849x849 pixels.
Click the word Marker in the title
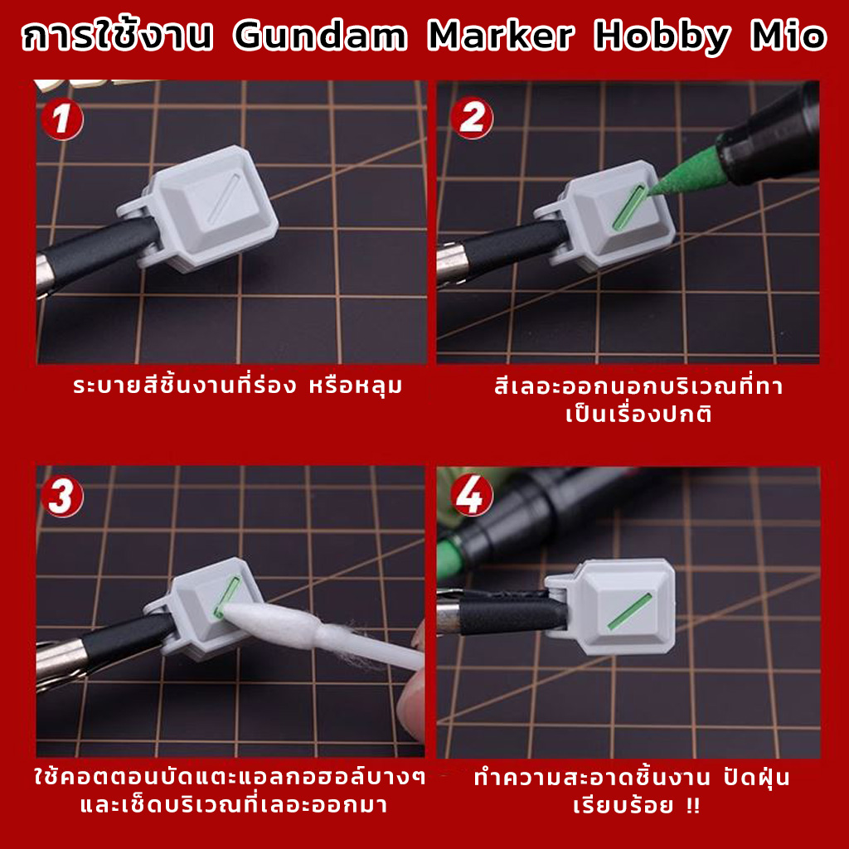click(500, 36)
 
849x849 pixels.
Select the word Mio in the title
click(788, 36)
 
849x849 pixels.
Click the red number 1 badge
click(62, 119)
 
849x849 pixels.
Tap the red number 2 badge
click(472, 118)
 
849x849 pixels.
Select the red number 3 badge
click(62, 497)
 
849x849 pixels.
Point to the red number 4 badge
click(472, 495)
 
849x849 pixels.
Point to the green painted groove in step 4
click(629, 612)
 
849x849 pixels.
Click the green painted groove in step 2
click(629, 207)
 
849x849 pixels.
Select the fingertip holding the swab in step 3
click(411, 701)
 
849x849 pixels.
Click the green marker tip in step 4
click(450, 555)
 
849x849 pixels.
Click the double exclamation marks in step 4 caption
click(692, 805)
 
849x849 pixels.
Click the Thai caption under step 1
click(238, 386)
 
